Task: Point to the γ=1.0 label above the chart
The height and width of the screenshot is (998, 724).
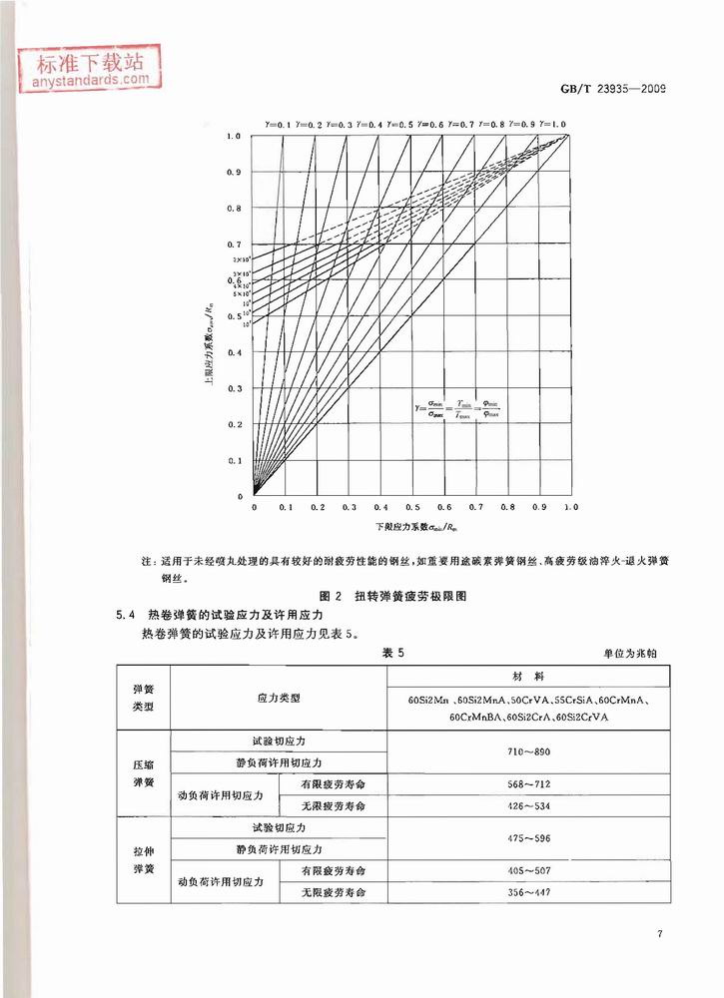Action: (553, 123)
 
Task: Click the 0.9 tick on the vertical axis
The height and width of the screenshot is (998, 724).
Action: (235, 172)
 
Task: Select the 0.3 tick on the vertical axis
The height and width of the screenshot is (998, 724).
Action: (235, 388)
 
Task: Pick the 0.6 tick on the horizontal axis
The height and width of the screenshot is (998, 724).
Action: (444, 507)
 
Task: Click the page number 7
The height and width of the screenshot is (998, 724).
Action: (660, 933)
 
